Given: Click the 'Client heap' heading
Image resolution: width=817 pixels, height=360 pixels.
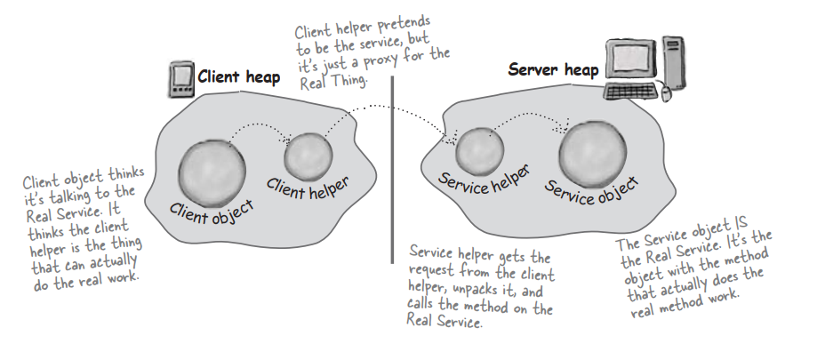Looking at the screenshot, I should (x=238, y=76).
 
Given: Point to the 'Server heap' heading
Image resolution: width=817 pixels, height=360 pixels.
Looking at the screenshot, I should (x=553, y=69).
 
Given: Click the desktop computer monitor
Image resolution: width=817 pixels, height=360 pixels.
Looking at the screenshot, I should (x=629, y=60).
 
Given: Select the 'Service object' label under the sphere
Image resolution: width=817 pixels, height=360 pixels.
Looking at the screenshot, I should (x=591, y=189).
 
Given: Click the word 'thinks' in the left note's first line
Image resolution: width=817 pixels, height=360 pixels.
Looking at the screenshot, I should (x=130, y=170).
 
